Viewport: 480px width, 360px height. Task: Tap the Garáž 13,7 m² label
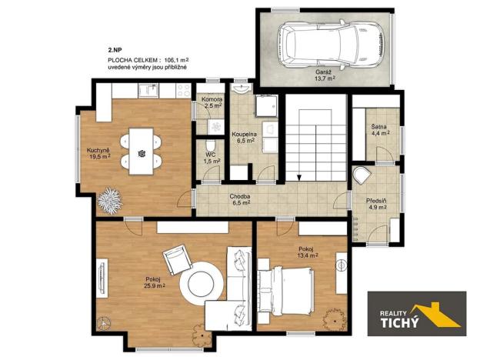(325, 74)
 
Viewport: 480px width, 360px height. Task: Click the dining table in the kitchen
(142, 151)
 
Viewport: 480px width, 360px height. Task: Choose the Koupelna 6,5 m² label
(245, 138)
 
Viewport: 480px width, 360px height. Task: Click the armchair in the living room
(177, 259)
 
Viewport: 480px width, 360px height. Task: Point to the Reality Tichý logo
(415, 314)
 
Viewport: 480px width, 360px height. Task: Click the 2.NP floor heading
(115, 49)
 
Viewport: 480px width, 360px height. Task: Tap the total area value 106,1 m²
(175, 58)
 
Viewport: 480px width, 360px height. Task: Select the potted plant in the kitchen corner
(112, 199)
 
